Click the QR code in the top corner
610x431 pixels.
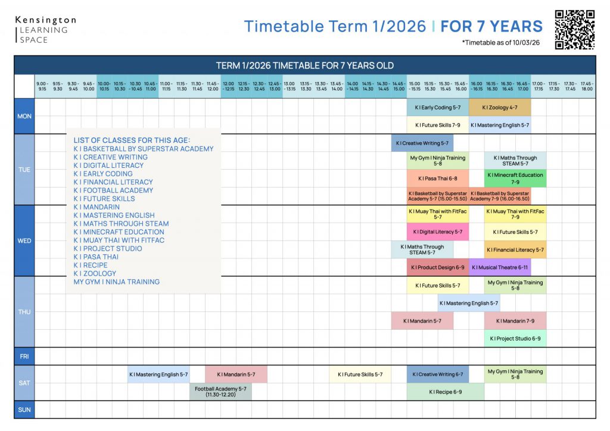(574, 29)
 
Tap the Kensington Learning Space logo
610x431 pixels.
(45, 30)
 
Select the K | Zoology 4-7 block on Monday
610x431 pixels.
(500, 108)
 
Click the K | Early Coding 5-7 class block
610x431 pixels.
(438, 108)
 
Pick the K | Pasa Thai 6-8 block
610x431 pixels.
(438, 179)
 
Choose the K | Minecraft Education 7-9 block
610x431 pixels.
(515, 179)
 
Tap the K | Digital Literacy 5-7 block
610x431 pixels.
(438, 232)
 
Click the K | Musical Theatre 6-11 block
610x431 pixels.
(500, 267)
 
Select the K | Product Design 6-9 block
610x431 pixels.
(438, 267)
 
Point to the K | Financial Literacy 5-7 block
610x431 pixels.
(515, 250)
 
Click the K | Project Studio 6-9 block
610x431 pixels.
(515, 338)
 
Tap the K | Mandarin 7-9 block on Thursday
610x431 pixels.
(515, 321)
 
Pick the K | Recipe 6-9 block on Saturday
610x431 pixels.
(446, 392)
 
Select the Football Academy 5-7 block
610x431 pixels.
(220, 392)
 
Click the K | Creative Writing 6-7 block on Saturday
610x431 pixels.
(438, 374)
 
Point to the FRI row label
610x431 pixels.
(24, 357)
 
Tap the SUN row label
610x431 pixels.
(24, 410)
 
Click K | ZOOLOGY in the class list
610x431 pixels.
(95, 274)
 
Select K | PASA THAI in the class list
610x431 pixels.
(96, 257)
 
